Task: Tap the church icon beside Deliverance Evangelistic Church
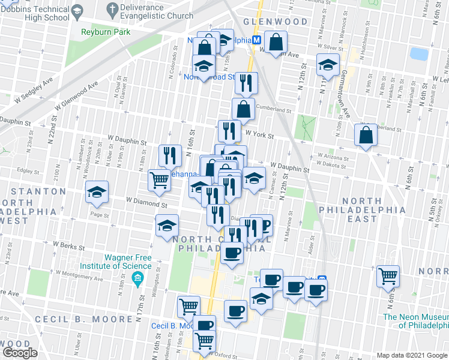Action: click(112, 9)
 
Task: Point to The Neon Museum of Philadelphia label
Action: click(415, 321)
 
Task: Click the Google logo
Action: click(19, 353)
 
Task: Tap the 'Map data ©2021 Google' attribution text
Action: click(411, 355)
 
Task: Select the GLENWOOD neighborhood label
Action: click(275, 22)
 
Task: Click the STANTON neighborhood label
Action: click(33, 191)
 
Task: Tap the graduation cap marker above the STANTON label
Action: click(97, 193)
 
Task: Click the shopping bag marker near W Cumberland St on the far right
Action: click(366, 136)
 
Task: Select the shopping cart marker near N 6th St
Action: click(388, 276)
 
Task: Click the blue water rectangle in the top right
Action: click(419, 54)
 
